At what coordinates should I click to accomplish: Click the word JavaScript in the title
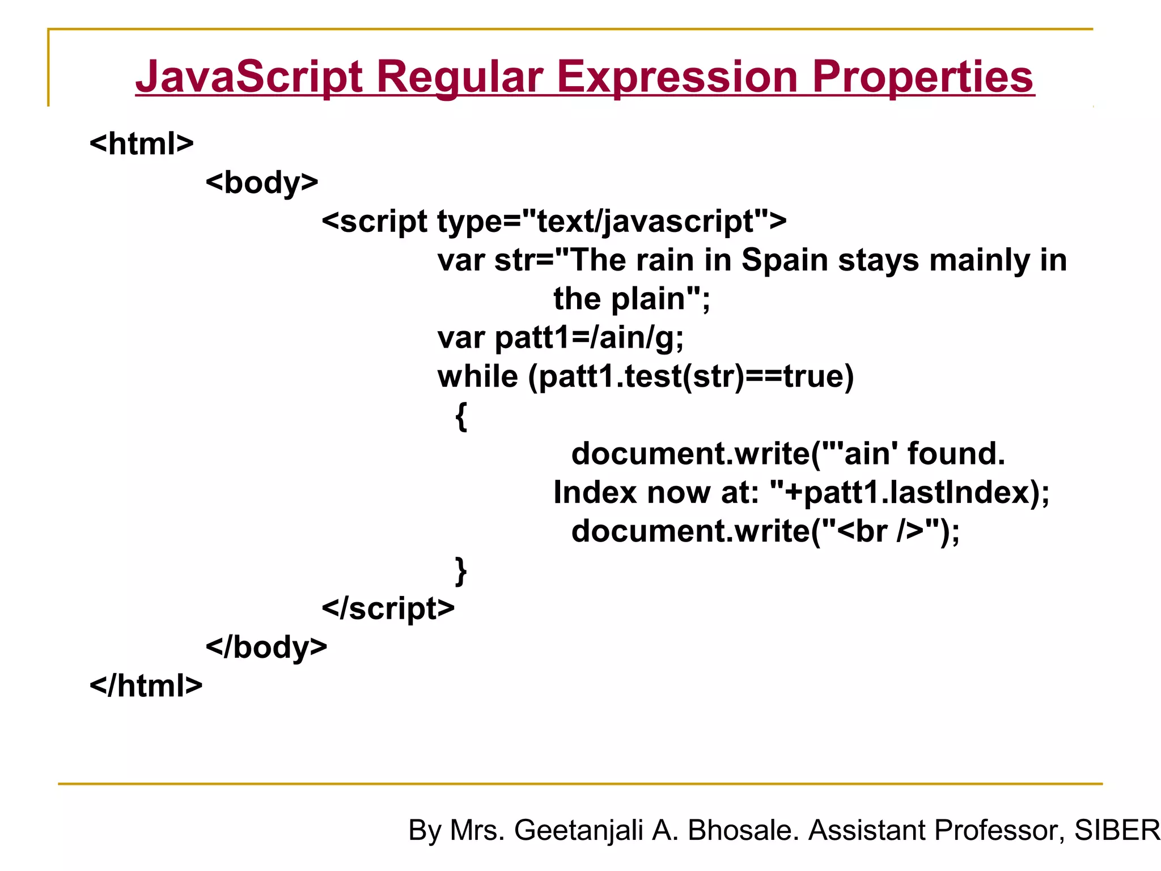[248, 77]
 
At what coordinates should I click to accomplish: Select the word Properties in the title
[923, 77]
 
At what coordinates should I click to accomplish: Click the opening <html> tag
[142, 143]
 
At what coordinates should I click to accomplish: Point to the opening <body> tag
[262, 183]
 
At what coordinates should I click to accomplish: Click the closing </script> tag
[388, 608]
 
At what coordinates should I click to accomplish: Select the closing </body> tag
[266, 647]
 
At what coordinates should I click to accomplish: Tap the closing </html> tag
[146, 686]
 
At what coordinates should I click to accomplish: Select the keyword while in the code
[477, 377]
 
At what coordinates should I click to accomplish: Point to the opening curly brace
[461, 417]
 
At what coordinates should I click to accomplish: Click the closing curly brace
[461, 570]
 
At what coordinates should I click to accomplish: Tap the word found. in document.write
[956, 454]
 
